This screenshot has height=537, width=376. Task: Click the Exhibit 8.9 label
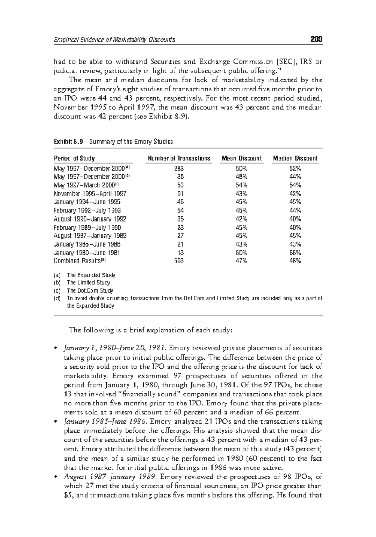click(68, 142)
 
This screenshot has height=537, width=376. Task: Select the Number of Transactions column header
click(179, 158)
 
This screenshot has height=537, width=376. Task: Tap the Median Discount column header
click(295, 158)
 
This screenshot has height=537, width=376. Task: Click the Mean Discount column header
click(242, 158)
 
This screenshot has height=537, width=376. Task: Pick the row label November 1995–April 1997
click(90, 194)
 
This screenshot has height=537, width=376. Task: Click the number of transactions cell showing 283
click(179, 168)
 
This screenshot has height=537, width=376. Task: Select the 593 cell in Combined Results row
click(179, 261)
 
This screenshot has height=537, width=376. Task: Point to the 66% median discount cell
click(295, 253)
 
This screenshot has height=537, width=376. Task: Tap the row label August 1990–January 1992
click(90, 219)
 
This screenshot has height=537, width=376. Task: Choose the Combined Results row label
click(80, 261)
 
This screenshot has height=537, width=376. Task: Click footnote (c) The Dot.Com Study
click(90, 290)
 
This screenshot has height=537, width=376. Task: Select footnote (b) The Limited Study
click(88, 283)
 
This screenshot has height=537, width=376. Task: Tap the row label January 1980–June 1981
click(87, 253)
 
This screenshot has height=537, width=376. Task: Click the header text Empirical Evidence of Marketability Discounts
click(114, 39)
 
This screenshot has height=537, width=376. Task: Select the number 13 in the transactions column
click(180, 253)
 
